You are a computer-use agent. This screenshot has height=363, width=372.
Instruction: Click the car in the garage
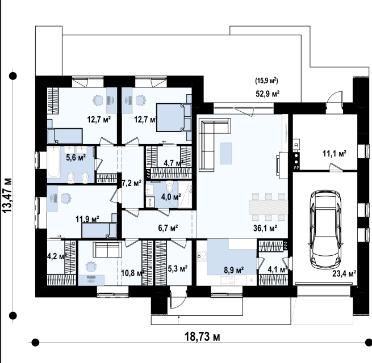tap(325, 229)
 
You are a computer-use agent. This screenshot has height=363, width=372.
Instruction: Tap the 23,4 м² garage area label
tap(344, 274)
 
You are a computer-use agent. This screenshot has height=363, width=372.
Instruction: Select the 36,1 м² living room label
tap(265, 228)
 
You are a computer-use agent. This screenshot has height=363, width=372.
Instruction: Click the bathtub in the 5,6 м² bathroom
tap(53, 162)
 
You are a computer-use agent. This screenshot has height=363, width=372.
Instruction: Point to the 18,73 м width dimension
tap(202, 337)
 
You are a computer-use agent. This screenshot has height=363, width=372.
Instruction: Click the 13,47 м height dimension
tap(7, 195)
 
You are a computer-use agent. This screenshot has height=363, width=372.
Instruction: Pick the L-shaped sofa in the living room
tap(212, 142)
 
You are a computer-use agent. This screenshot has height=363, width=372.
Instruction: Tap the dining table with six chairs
tap(268, 207)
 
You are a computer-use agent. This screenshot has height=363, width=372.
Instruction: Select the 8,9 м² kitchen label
tap(233, 270)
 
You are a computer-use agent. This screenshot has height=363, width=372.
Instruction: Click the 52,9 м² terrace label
tap(267, 94)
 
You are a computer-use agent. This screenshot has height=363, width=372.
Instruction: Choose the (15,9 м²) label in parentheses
tap(266, 81)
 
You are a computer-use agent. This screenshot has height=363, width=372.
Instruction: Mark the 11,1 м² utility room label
tap(334, 154)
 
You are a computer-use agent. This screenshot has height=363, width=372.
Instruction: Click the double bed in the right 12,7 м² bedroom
tap(174, 117)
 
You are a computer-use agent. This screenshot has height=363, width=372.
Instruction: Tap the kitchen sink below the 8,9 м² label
tap(227, 281)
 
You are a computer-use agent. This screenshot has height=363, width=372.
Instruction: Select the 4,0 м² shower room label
tap(171, 197)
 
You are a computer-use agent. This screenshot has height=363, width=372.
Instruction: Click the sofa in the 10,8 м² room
tap(107, 250)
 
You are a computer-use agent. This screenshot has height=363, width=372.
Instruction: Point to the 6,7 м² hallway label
tap(168, 228)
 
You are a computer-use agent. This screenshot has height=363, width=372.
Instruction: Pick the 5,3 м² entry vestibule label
tap(178, 269)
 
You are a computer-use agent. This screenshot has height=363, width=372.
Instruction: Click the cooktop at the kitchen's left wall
tap(202, 256)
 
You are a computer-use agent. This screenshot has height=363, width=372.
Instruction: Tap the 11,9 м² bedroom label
tap(87, 219)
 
